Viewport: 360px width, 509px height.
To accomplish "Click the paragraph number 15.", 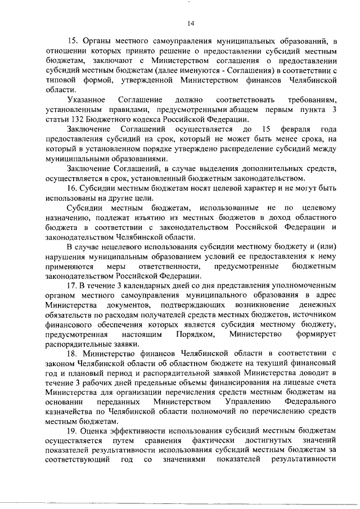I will [x=72, y=41].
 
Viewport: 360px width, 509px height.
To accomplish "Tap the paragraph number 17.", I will [x=72, y=285].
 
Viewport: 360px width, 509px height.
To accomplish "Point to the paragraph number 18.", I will [x=72, y=353].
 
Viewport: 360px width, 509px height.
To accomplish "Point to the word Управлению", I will [x=248, y=402].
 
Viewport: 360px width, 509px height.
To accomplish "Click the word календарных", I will [x=149, y=285].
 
